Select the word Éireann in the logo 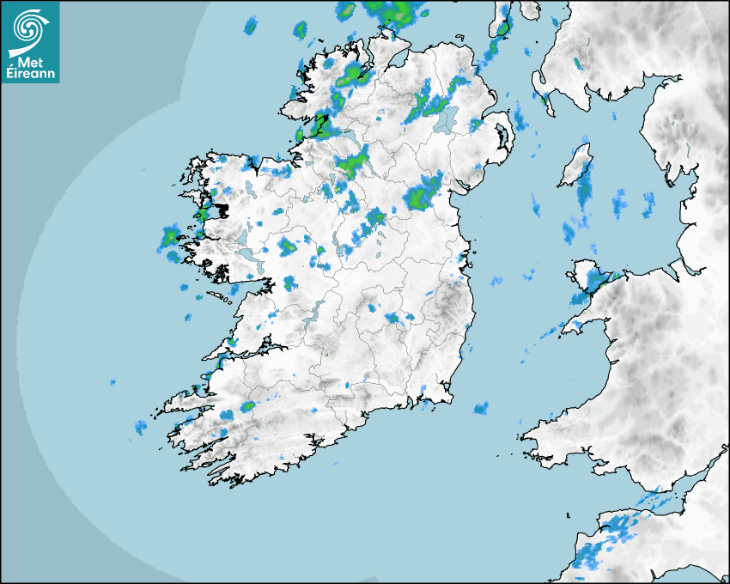pyautogui.click(x=30, y=74)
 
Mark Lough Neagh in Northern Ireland pyautogui.click(x=445, y=119)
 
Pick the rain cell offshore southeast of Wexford pyautogui.click(x=481, y=408)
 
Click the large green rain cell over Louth pyautogui.click(x=423, y=194)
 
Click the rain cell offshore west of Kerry pyautogui.click(x=141, y=426)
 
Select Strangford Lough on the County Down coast pyautogui.click(x=502, y=137)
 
